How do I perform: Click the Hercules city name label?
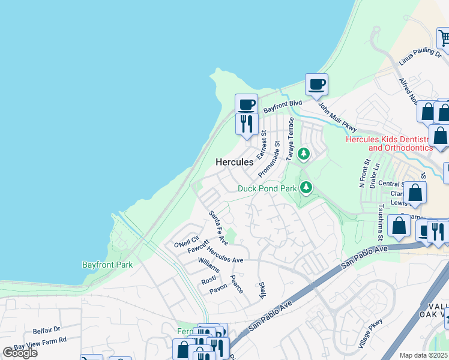tap(234, 162)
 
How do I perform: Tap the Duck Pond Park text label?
tap(267, 188)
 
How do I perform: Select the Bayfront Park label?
tap(107, 264)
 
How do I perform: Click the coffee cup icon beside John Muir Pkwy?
tap(316, 85)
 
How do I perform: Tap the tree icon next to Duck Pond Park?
tap(307, 188)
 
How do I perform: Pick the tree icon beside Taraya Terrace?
tap(304, 154)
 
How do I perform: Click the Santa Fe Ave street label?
tap(218, 227)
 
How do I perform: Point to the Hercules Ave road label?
tap(224, 255)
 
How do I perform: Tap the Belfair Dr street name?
tap(47, 329)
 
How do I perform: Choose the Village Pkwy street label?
tap(370, 336)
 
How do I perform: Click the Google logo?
tap(20, 353)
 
